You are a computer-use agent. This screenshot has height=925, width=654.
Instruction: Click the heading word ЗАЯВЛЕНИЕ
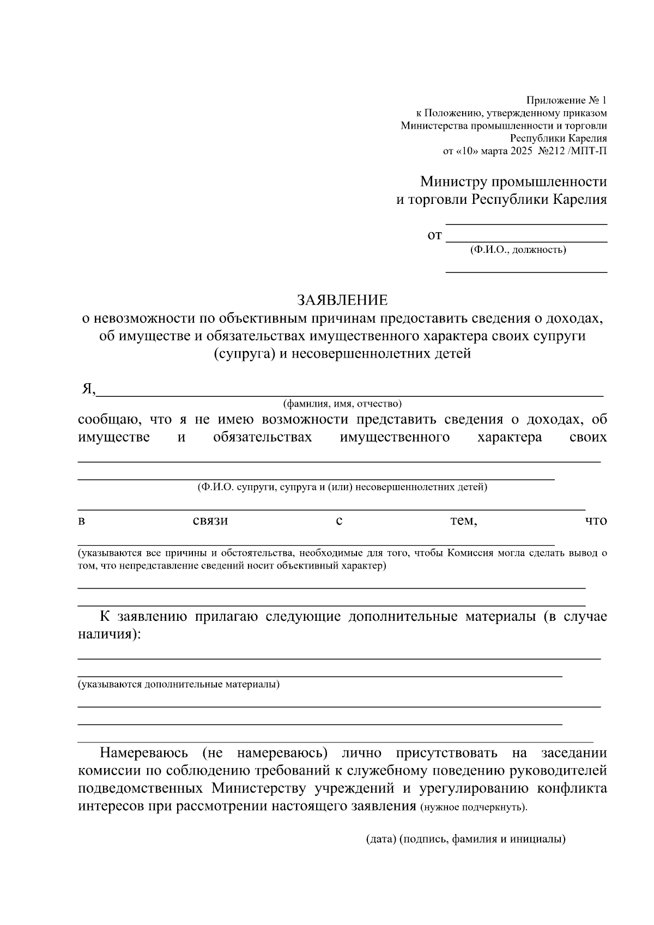tap(342, 300)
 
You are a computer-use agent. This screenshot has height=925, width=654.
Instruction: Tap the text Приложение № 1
tap(566, 101)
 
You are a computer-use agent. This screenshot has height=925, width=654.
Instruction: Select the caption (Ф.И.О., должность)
tap(518, 250)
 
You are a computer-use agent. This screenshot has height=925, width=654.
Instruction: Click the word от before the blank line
tap(434, 236)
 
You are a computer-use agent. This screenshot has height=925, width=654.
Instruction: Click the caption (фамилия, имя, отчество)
tap(342, 404)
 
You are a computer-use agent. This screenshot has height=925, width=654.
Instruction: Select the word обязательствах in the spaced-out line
tap(263, 437)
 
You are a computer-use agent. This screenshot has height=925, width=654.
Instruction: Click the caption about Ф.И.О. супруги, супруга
tap(342, 487)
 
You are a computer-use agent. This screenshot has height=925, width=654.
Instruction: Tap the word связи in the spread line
tap(210, 521)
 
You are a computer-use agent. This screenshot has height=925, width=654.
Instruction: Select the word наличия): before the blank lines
tap(109, 634)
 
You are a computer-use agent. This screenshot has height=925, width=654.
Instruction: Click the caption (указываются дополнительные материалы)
tap(179, 684)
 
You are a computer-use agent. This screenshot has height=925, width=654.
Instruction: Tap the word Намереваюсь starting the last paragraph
tap(144, 753)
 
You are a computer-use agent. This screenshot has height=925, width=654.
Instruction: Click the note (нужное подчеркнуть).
tap(474, 807)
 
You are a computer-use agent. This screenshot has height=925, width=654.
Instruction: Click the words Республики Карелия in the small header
tap(558, 138)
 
